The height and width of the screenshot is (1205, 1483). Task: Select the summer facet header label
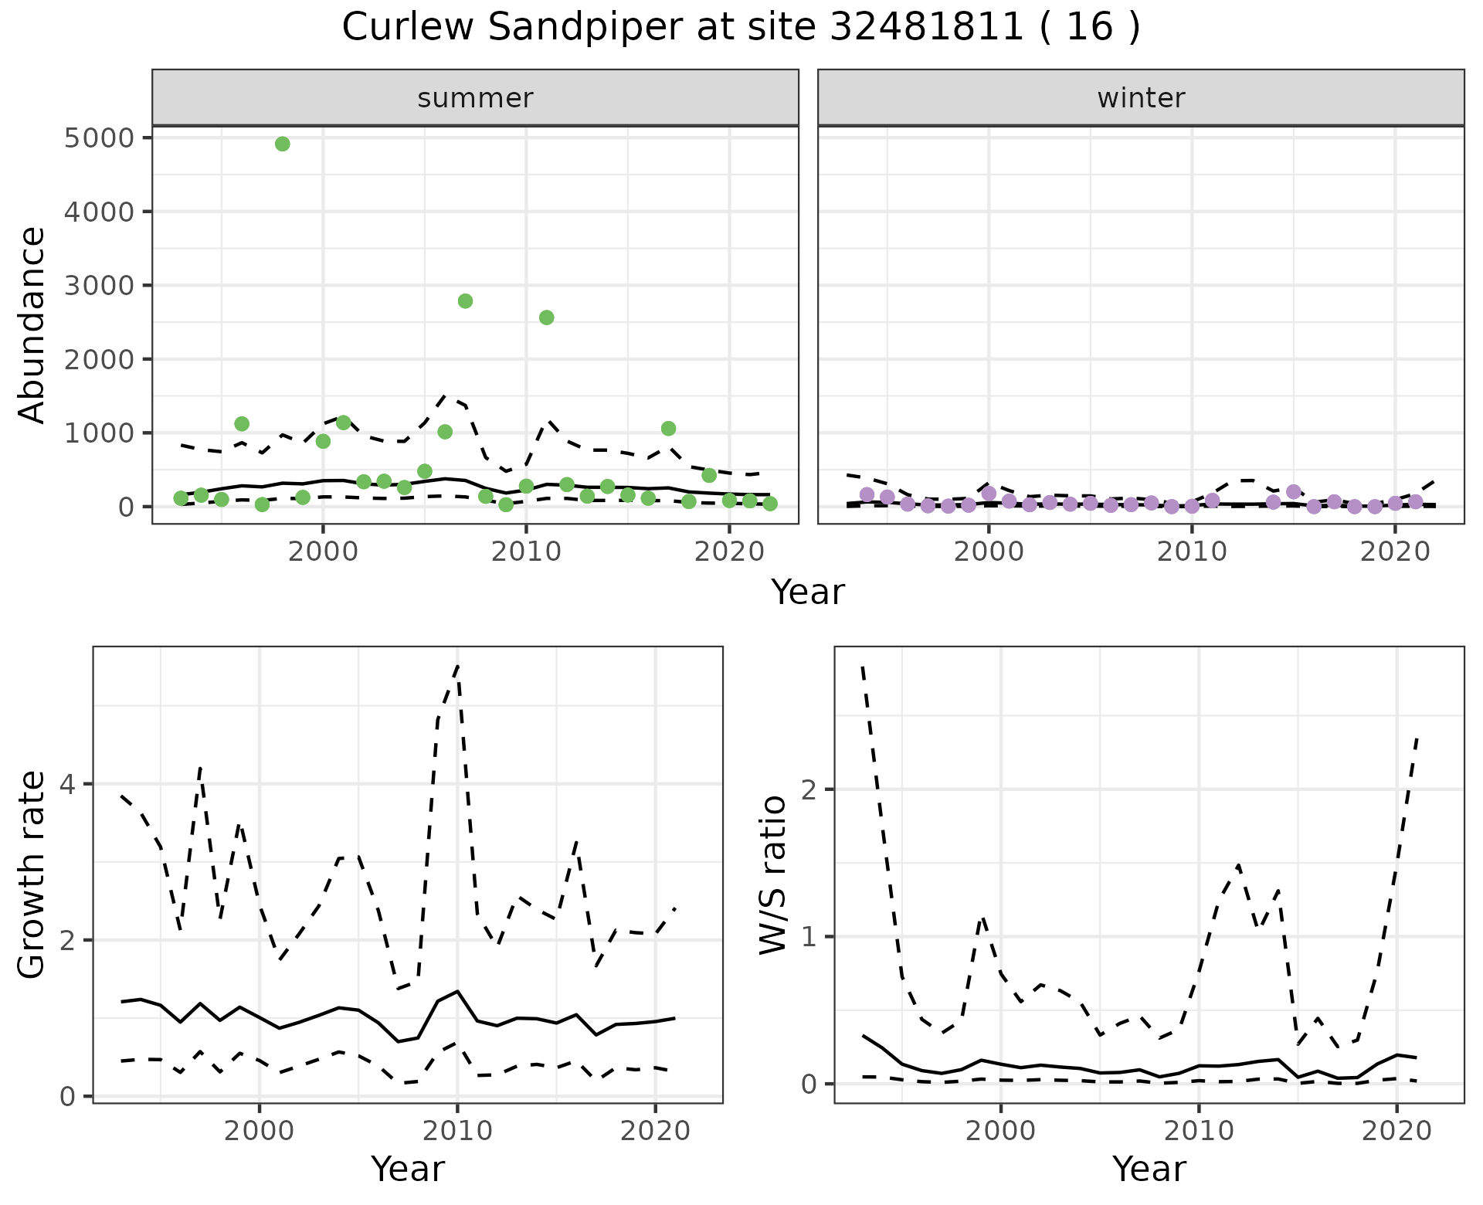(x=475, y=98)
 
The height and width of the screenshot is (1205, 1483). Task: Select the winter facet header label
(x=1141, y=98)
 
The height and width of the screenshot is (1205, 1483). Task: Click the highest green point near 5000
(x=283, y=144)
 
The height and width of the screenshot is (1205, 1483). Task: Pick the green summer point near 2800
(x=465, y=301)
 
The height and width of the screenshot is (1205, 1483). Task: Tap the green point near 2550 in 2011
(x=546, y=317)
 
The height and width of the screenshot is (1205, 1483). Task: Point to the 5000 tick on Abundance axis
(x=98, y=138)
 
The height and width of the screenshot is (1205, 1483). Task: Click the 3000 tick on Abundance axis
(x=98, y=286)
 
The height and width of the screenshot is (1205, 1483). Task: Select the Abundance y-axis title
(x=32, y=324)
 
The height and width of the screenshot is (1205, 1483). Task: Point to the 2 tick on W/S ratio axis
(x=812, y=789)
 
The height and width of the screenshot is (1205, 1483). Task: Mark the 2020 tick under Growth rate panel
(x=655, y=1131)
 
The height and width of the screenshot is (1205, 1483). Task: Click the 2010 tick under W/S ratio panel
(x=1199, y=1131)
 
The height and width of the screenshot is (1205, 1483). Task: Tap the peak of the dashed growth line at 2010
(x=458, y=666)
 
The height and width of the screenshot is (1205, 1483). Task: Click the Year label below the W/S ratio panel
(x=1149, y=1169)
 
